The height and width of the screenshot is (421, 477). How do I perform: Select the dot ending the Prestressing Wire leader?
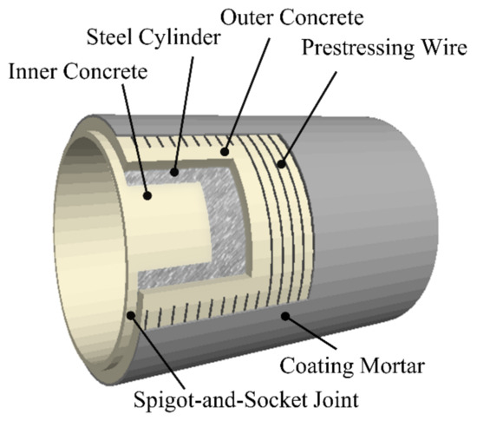[279, 161]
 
